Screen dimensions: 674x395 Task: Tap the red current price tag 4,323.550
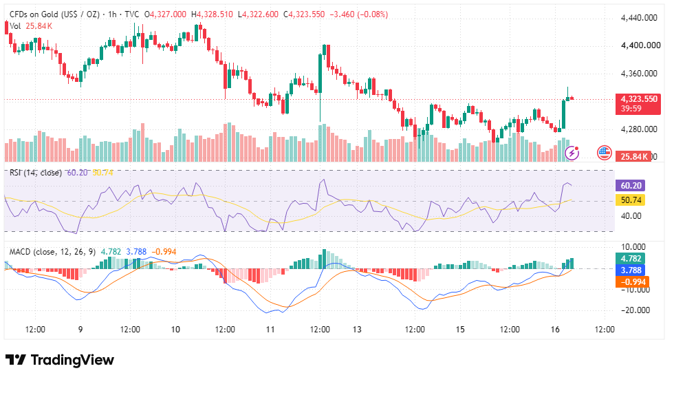638,104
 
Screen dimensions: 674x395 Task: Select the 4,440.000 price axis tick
639,18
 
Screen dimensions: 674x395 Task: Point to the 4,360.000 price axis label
639,74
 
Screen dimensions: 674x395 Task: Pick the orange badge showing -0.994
632,282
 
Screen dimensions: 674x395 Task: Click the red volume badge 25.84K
633,157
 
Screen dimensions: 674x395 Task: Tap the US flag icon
605,152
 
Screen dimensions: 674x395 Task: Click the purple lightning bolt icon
572,152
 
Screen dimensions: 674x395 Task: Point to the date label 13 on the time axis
357,330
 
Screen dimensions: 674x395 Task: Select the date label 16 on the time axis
555,330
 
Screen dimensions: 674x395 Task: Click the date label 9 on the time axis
80,330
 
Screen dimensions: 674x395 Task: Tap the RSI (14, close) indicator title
36,173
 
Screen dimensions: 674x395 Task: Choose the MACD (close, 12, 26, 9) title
52,252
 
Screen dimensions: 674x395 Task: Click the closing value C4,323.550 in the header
304,14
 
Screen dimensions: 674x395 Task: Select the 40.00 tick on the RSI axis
631,215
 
